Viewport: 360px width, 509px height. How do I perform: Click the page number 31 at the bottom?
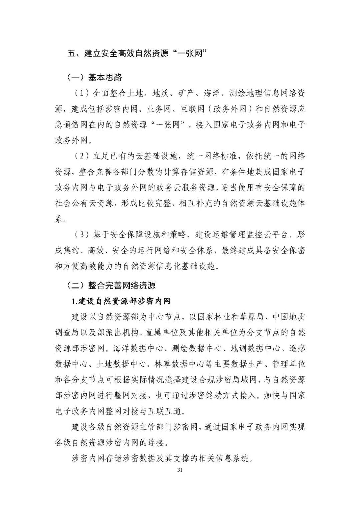coord(180,470)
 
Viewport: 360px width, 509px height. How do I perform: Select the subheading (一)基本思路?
coord(95,78)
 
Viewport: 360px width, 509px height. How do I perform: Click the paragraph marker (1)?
coord(81,93)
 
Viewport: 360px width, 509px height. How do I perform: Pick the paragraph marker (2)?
coord(81,156)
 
